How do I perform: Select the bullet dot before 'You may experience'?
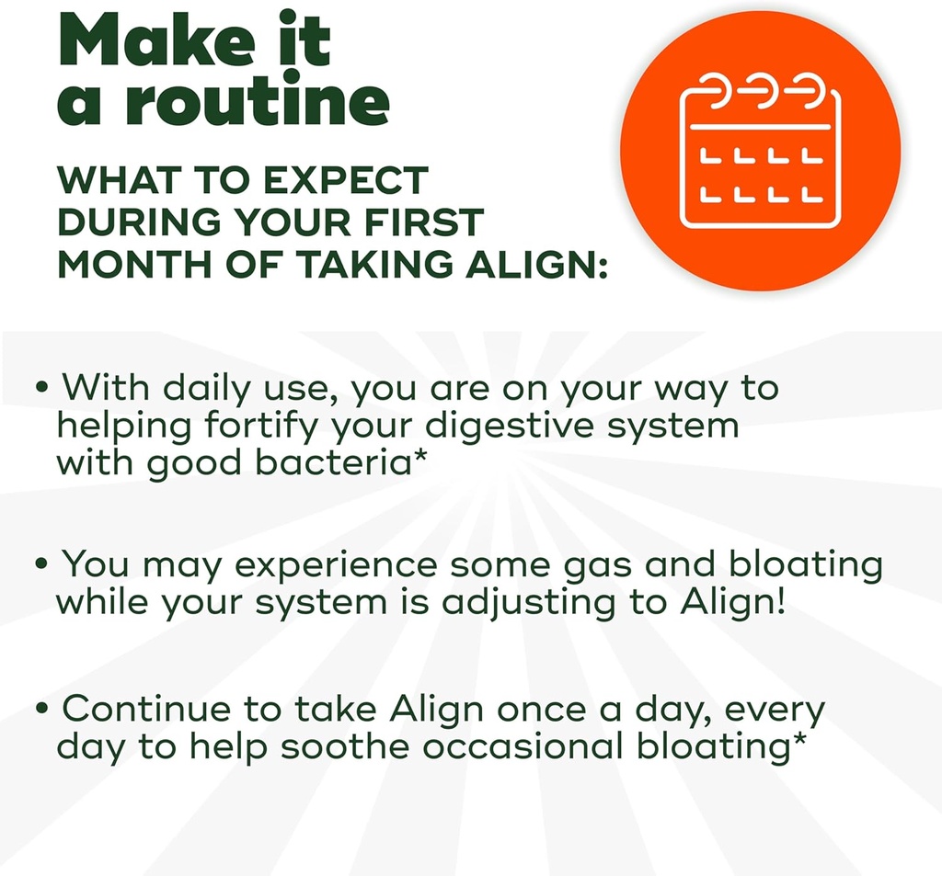coord(41,563)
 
